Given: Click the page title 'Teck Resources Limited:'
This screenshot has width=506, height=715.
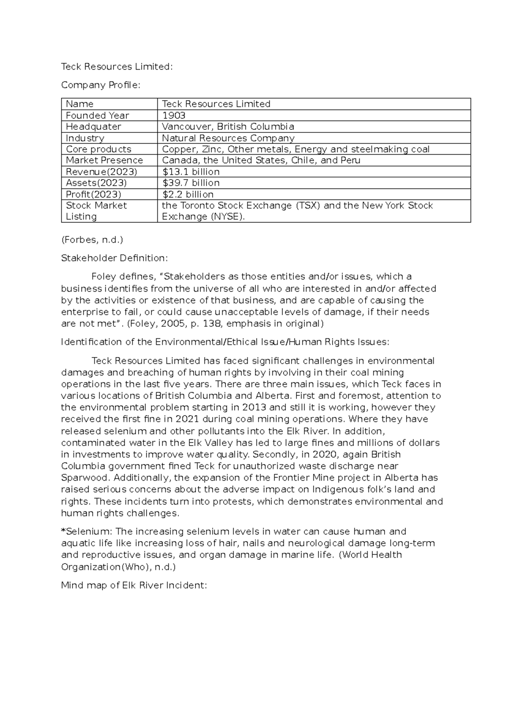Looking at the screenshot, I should tap(117, 67).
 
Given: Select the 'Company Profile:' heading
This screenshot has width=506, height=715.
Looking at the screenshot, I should tap(100, 85).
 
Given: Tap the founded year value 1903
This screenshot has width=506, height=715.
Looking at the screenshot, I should tap(174, 116).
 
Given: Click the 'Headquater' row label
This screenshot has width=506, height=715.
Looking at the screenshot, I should tap(93, 126).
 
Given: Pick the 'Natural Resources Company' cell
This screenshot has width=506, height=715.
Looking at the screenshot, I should tap(228, 138).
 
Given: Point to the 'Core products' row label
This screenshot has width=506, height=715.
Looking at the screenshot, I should tap(98, 149).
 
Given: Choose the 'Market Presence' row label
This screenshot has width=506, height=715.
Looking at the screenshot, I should tap(104, 160).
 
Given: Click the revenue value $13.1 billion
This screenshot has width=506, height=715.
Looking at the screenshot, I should tap(191, 172).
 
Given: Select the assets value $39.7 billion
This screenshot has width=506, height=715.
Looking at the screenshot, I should tap(191, 183).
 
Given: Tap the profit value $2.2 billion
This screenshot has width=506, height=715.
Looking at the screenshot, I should tap(188, 194).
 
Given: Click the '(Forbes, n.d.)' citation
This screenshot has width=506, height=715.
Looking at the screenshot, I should tap(92, 240).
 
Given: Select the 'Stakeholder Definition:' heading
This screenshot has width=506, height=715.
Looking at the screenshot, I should tap(114, 258).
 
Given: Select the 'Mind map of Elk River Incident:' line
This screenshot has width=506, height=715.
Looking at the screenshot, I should tap(134, 586).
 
